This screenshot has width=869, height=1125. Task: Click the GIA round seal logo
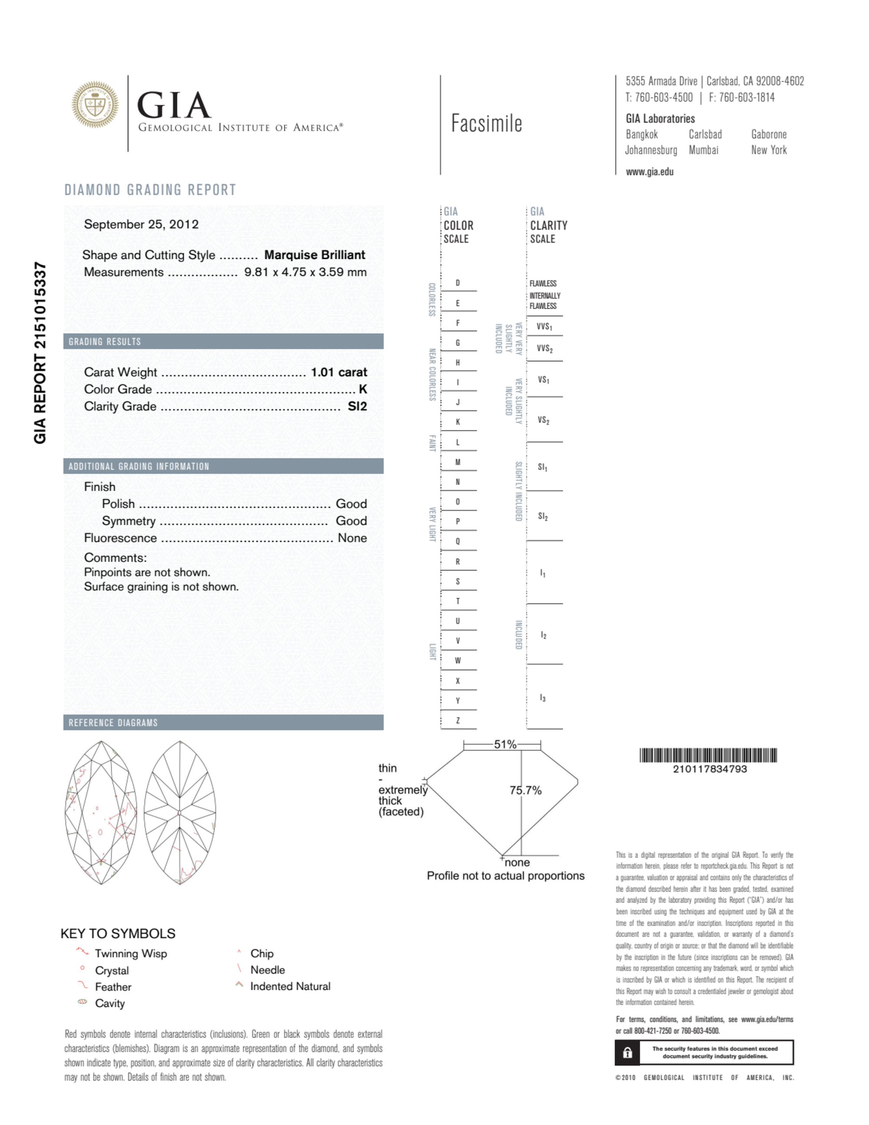tap(95, 105)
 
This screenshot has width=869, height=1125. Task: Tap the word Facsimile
tap(486, 124)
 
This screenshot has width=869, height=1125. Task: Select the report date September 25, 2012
tap(141, 225)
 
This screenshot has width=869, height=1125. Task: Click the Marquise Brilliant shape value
tap(314, 255)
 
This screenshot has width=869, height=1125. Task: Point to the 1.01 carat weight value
tap(338, 372)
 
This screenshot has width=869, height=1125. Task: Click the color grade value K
tap(363, 390)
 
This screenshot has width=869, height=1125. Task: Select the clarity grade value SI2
tap(357, 407)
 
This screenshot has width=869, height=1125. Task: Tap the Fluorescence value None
tap(352, 538)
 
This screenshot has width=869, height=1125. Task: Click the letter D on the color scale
tap(457, 283)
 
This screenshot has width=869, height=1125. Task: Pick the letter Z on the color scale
tap(457, 720)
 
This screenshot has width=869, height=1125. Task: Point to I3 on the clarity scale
tap(542, 698)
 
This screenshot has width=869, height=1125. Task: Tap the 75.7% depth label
tap(525, 790)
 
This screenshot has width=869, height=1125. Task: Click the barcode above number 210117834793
tap(708, 755)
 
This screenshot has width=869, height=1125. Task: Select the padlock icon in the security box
tap(627, 1052)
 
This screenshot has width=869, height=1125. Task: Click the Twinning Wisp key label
tap(131, 953)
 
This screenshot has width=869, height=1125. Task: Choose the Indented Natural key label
tap(290, 986)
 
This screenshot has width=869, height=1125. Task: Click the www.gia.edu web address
tap(649, 172)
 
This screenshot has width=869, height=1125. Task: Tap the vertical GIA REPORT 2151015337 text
tap(40, 352)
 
